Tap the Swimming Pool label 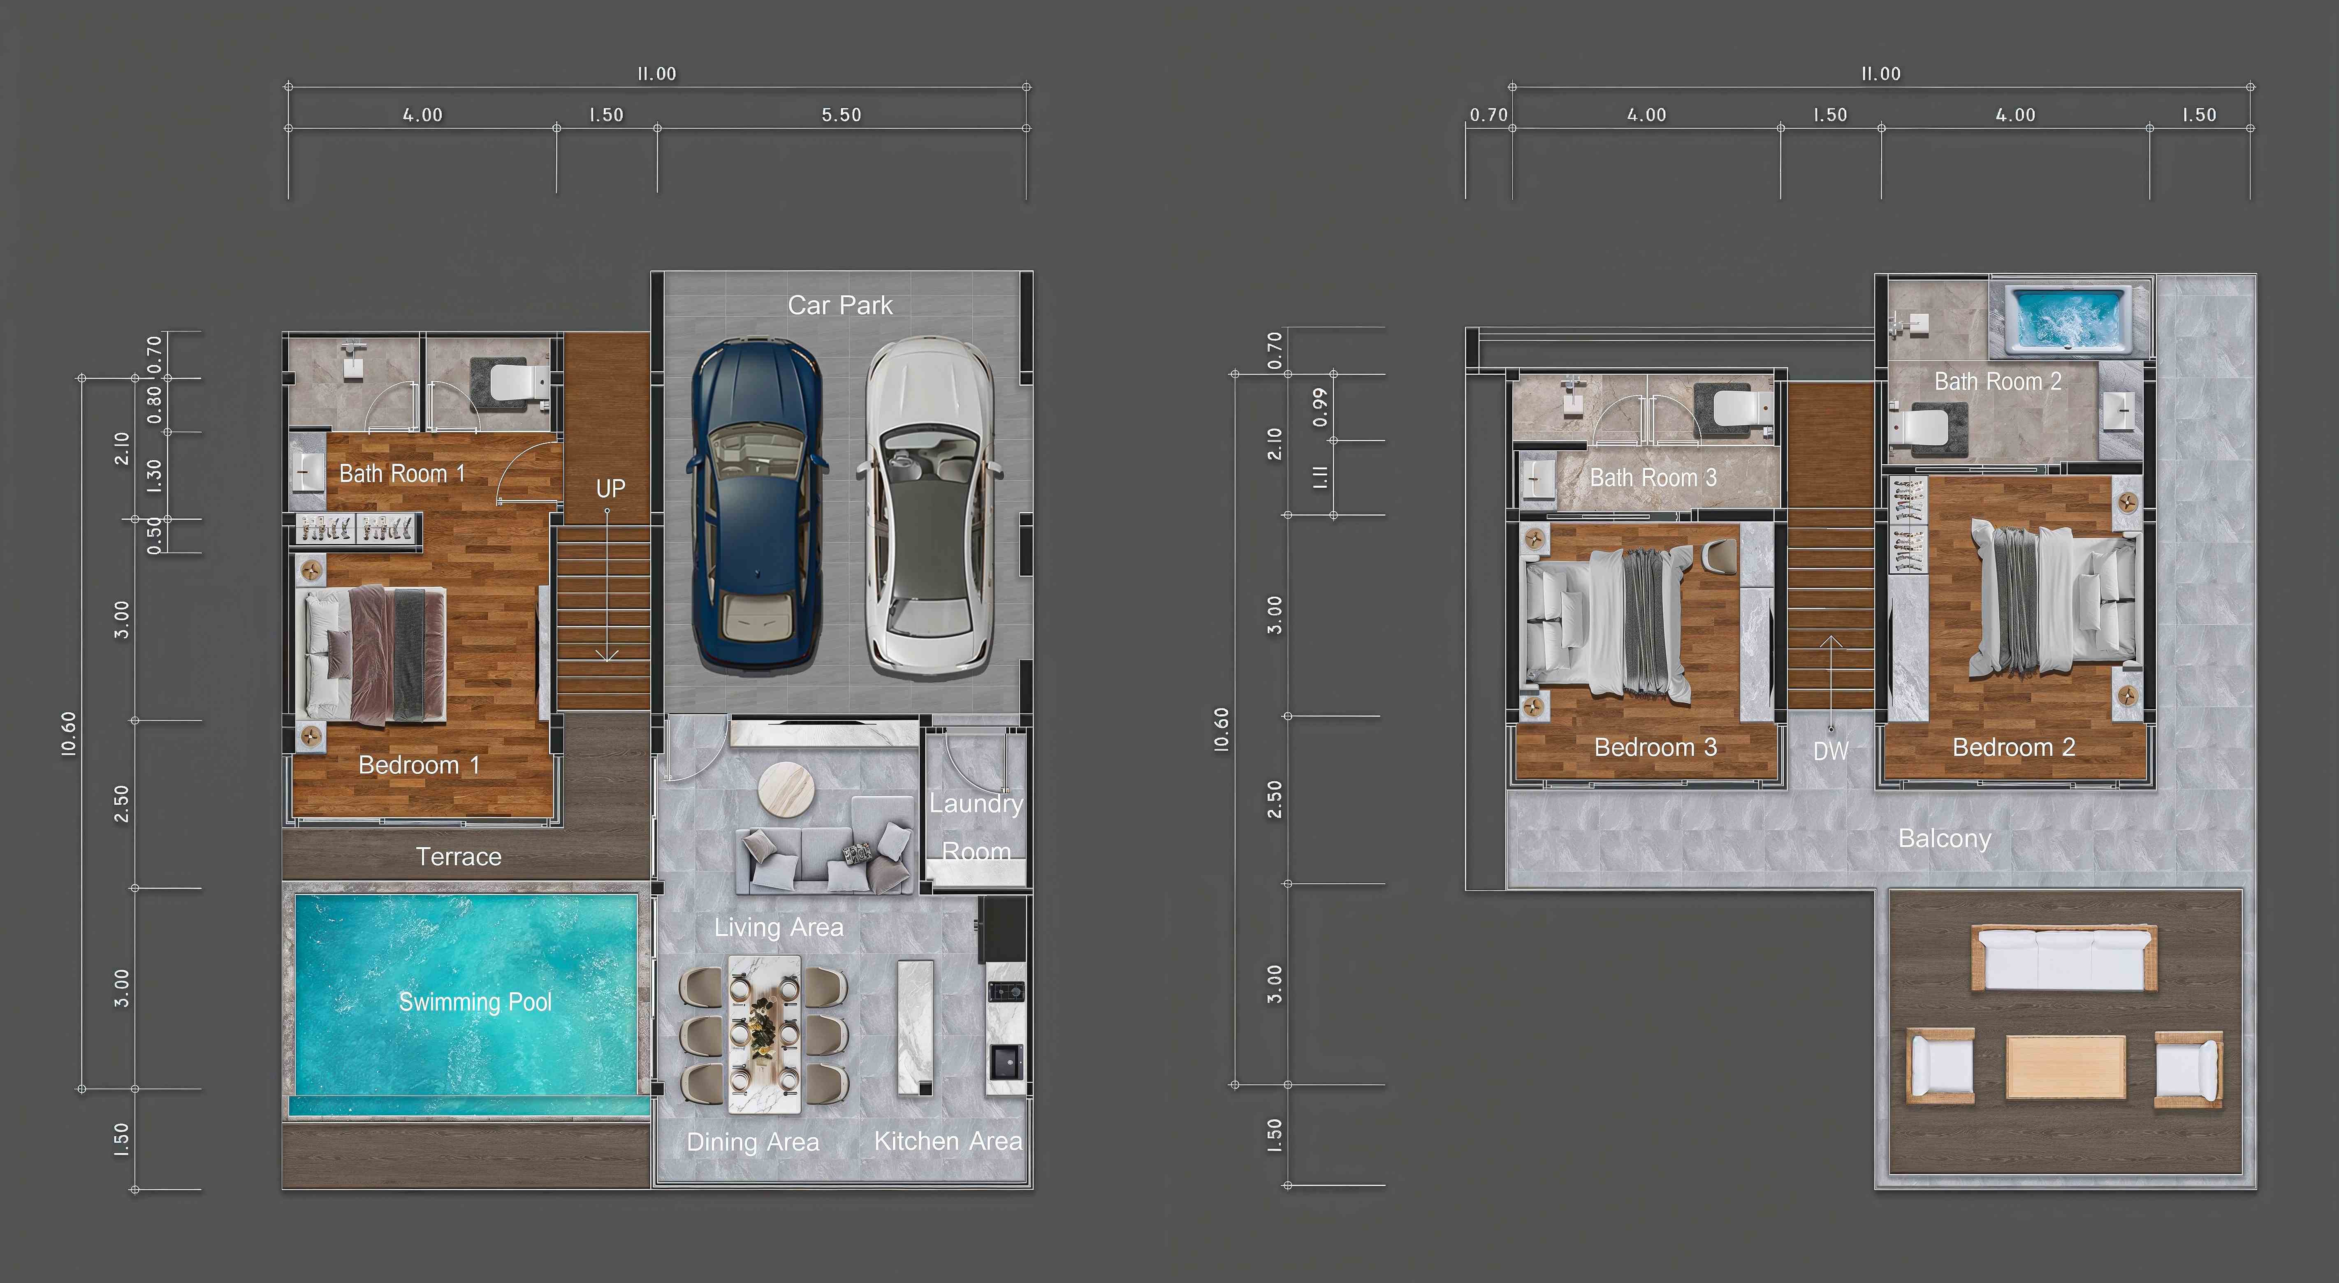[475, 1001]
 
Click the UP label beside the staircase [610, 489]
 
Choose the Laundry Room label [976, 827]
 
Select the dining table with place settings [765, 1034]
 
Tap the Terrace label [459, 856]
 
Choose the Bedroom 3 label [1655, 747]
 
